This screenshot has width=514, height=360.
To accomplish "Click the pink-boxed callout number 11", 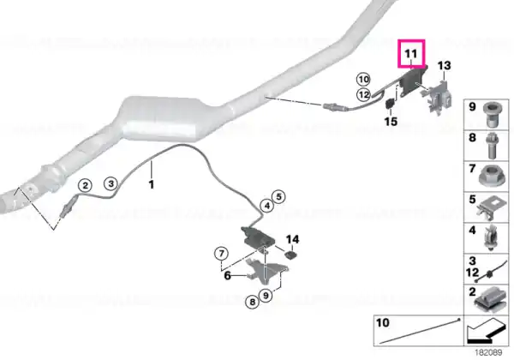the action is (411, 53).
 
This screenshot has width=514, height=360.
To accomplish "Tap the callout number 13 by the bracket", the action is (444, 66).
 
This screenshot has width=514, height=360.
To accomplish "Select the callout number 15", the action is (391, 122).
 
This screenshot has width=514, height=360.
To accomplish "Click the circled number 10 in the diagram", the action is (363, 80).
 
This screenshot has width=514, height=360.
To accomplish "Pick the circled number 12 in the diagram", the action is (363, 95).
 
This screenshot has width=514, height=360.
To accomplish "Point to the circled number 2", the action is (85, 186).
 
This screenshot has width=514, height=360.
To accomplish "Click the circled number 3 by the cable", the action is (111, 183).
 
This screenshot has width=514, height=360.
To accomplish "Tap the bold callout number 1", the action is (151, 184).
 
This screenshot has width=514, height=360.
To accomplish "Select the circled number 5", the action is (278, 197).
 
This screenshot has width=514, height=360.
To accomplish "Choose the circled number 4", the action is (267, 206).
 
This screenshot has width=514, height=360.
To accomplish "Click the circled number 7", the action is (222, 254).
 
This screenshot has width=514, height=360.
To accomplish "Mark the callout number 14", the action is (292, 239).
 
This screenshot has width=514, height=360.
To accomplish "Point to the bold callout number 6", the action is (228, 275).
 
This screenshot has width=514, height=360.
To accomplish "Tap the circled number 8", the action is (252, 302).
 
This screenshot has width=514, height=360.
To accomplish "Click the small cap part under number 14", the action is (290, 255).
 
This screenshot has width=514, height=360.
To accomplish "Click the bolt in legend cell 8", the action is (492, 146).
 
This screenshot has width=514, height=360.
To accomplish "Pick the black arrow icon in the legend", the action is (486, 331).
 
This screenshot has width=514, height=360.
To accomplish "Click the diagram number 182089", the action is (488, 352).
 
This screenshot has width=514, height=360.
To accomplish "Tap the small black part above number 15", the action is (390, 104).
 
